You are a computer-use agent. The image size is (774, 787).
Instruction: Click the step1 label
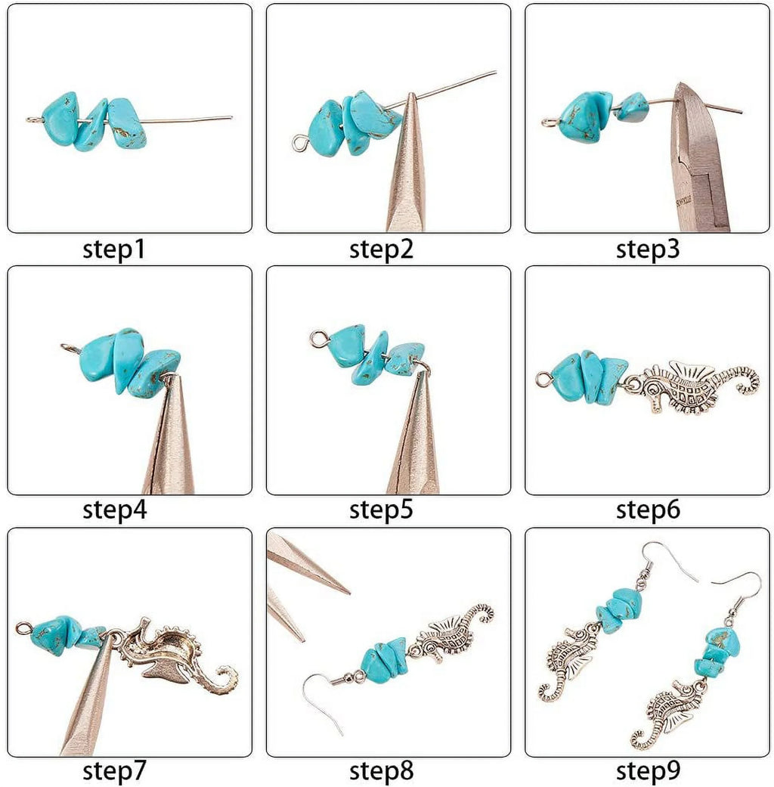[x=113, y=249]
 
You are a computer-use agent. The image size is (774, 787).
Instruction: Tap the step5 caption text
[x=381, y=510]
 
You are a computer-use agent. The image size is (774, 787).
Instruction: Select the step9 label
[x=648, y=771]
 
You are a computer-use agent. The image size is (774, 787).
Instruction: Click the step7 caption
[x=113, y=771]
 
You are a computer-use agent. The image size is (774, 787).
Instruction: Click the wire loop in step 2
[x=299, y=141]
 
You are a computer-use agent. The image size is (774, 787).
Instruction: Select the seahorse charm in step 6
[x=692, y=386]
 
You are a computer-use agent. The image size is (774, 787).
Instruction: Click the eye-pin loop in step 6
[x=542, y=380]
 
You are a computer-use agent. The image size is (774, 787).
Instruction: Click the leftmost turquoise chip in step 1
[x=60, y=119]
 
